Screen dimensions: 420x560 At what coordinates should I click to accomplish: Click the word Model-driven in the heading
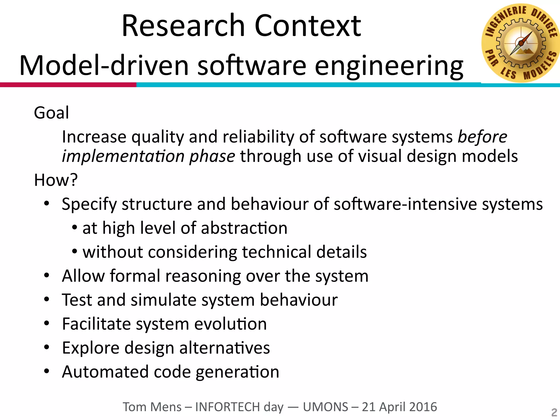(104, 66)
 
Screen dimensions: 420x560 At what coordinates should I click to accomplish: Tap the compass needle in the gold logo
(521, 43)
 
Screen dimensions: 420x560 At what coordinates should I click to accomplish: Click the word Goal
(51, 113)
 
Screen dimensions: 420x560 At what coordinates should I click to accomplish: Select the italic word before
(482, 137)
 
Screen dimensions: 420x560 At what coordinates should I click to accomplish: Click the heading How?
(56, 180)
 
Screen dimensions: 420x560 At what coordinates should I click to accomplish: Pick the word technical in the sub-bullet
(276, 252)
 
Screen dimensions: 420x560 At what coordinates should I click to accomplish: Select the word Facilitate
(96, 324)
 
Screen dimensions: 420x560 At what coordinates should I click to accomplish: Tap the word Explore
(91, 348)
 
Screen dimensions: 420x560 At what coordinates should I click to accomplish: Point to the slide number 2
(554, 412)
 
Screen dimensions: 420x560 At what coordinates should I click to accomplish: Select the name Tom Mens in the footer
(152, 407)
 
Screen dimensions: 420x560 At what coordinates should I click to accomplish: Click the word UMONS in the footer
(325, 407)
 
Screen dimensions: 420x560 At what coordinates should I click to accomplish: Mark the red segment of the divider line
(68, 85)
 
